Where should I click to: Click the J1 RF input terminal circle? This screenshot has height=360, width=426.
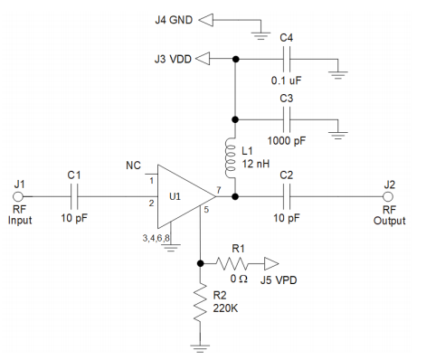(x=18, y=196)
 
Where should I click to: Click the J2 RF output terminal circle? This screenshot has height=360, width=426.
(x=388, y=196)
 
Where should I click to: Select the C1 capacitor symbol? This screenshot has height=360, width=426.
(x=74, y=196)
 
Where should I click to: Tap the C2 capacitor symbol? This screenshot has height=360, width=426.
(x=287, y=196)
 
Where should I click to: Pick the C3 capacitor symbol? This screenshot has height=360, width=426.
(x=287, y=119)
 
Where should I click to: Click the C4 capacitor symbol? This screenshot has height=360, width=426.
(x=287, y=59)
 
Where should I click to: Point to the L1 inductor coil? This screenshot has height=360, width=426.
(x=231, y=158)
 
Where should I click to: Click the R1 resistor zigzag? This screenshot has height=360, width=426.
(x=232, y=263)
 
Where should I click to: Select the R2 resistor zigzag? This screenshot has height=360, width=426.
(x=200, y=302)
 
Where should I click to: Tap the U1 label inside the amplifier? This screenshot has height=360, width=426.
(x=175, y=196)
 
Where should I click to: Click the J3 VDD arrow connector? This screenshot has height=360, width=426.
(x=203, y=59)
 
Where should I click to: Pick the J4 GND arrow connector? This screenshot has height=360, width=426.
(x=206, y=20)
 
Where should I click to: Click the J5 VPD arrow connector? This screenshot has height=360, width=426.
(x=271, y=264)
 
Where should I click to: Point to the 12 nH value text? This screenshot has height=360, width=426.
(x=256, y=164)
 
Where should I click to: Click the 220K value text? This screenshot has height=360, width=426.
(x=225, y=308)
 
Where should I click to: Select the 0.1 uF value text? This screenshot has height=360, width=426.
(x=286, y=81)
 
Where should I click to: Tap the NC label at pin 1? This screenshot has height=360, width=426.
(x=133, y=166)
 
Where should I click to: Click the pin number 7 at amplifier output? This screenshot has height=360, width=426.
(x=219, y=190)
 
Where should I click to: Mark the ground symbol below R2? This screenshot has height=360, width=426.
(x=200, y=348)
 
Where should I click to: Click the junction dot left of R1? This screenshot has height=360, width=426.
(x=200, y=263)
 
